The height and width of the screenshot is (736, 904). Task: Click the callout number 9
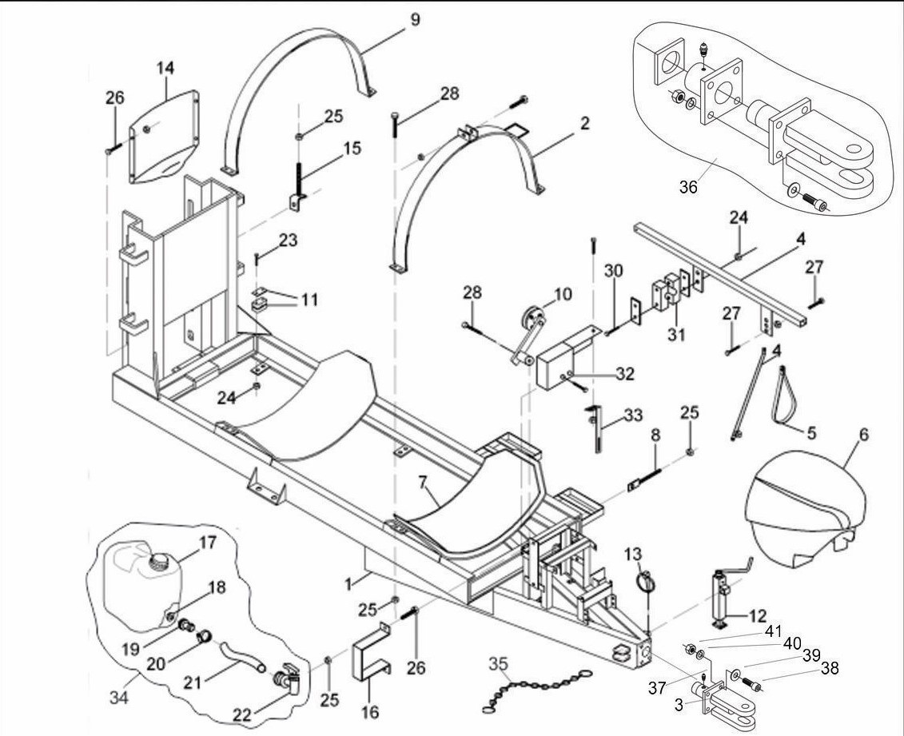415,18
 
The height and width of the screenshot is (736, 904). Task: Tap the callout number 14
165,69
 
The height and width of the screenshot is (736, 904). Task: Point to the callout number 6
865,436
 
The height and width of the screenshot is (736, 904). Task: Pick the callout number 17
208,541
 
